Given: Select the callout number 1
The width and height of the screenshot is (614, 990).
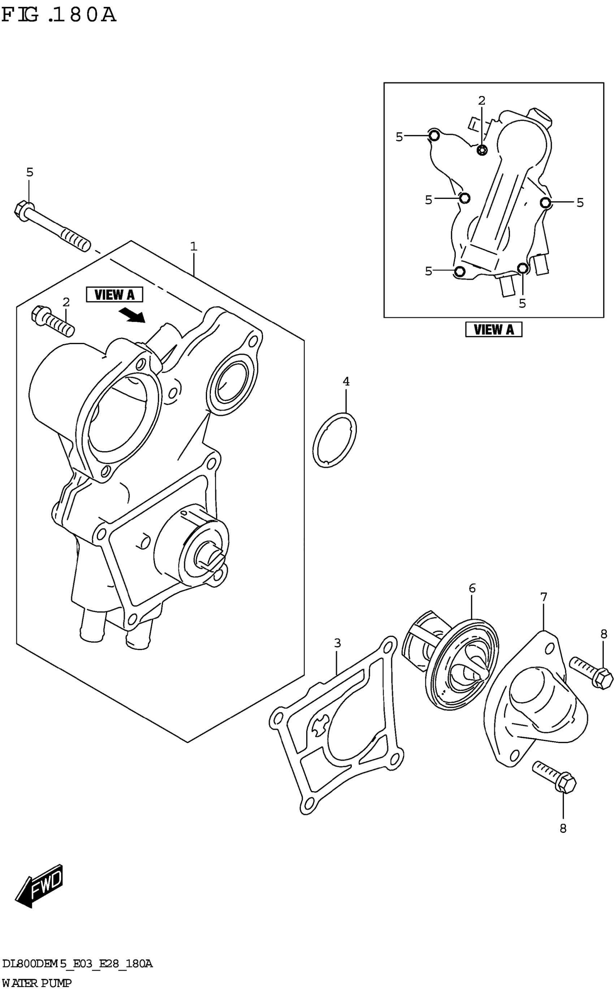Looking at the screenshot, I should pos(194,246).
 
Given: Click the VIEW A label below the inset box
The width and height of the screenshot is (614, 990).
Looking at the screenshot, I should pos(493,330).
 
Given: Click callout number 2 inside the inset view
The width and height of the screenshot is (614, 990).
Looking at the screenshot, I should pos(481,100).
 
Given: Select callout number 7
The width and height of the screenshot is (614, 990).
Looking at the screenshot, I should pos(544,597).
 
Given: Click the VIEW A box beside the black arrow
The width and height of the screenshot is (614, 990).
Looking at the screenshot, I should pos(114,295).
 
